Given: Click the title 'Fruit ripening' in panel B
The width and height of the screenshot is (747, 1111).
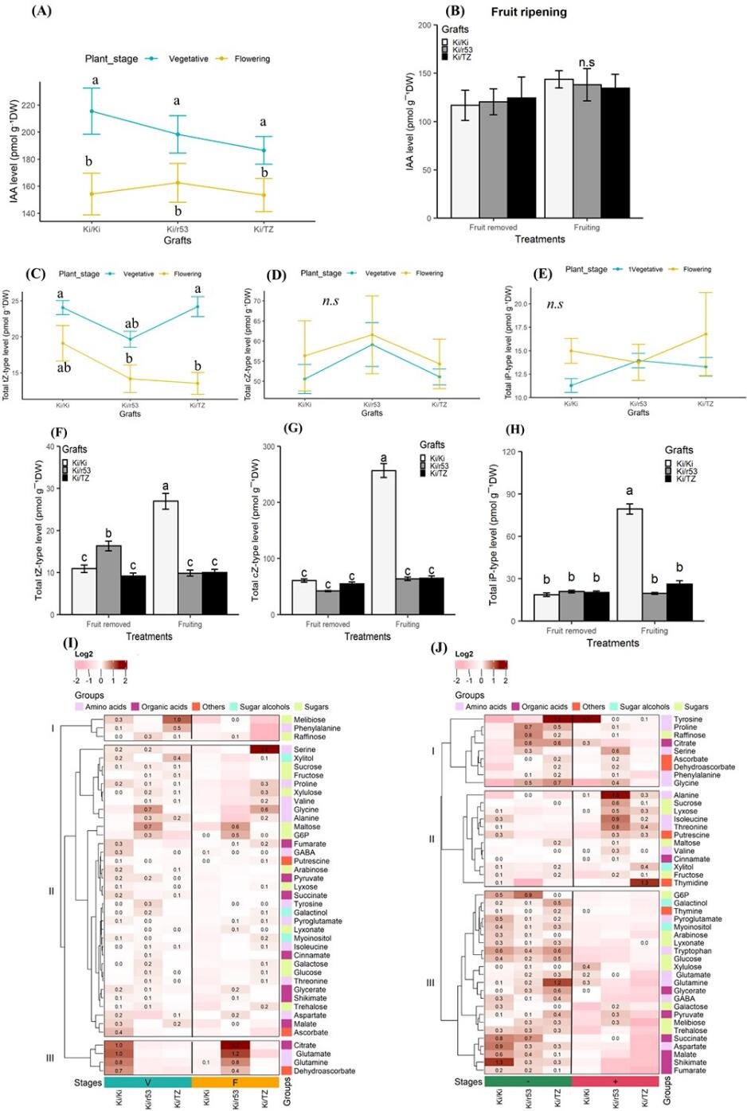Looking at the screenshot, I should [x=529, y=12].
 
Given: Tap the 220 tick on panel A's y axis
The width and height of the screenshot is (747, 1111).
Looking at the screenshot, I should [x=49, y=105].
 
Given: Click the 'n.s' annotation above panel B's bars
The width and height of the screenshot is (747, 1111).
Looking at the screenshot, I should [x=587, y=63].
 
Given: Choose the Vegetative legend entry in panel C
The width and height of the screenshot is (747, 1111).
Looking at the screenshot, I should [x=138, y=274].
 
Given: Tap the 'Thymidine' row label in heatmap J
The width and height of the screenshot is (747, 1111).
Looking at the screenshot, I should [x=691, y=883].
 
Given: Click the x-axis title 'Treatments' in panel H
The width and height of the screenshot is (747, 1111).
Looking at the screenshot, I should [x=612, y=643].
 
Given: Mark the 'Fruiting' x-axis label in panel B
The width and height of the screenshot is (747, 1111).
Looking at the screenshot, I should [x=587, y=228].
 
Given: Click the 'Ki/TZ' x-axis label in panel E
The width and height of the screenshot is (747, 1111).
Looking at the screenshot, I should [x=705, y=403].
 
